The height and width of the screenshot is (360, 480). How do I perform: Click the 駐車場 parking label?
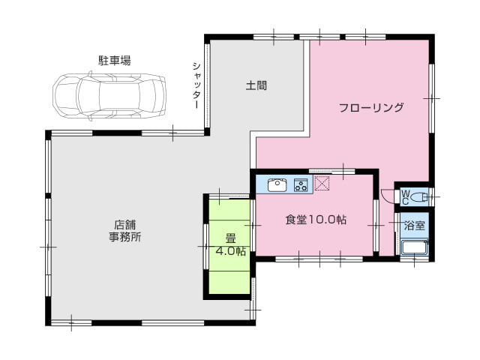pyautogui.click(x=115, y=60)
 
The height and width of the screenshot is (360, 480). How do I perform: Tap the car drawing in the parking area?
pyautogui.click(x=109, y=96)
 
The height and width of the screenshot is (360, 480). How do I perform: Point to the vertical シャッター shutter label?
pyautogui.click(x=196, y=85)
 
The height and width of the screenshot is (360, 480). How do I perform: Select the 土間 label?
pyautogui.click(x=256, y=85)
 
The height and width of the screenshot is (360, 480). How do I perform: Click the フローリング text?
pyautogui.click(x=371, y=107)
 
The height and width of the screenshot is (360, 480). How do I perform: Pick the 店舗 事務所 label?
pyautogui.click(x=125, y=230)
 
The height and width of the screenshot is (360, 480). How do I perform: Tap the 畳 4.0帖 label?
pyautogui.click(x=230, y=244)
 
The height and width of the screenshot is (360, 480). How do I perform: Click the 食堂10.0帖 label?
pyautogui.click(x=316, y=220)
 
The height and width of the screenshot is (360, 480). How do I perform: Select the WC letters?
pyautogui.click(x=405, y=197)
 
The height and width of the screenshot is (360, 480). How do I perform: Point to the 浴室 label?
pyautogui.click(x=415, y=226)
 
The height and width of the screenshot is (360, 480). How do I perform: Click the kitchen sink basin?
pyautogui.click(x=277, y=185)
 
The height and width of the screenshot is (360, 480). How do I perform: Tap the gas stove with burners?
pyautogui.click(x=301, y=185)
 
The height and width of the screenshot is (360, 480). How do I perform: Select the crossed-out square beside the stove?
pyautogui.click(x=322, y=183)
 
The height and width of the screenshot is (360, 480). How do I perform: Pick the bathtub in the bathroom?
pyautogui.click(x=415, y=247)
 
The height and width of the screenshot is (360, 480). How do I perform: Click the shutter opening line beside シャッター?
pyautogui.click(x=207, y=85)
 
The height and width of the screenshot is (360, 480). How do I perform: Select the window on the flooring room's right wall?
pyautogui.click(x=432, y=98)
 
